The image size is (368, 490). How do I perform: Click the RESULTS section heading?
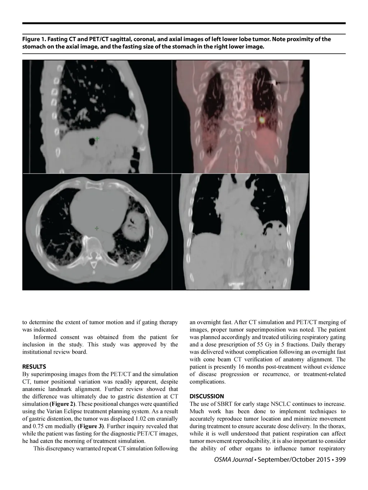pos(34,367)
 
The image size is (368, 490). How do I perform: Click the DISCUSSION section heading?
pos(207,396)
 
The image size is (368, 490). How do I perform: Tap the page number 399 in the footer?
pos(340,459)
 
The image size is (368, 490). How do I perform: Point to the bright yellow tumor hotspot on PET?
pos(262,120)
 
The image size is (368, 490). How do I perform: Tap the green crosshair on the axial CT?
pos(96,228)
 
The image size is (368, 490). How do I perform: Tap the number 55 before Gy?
pos(257,345)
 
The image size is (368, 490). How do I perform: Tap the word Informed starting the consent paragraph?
pos(44,337)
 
